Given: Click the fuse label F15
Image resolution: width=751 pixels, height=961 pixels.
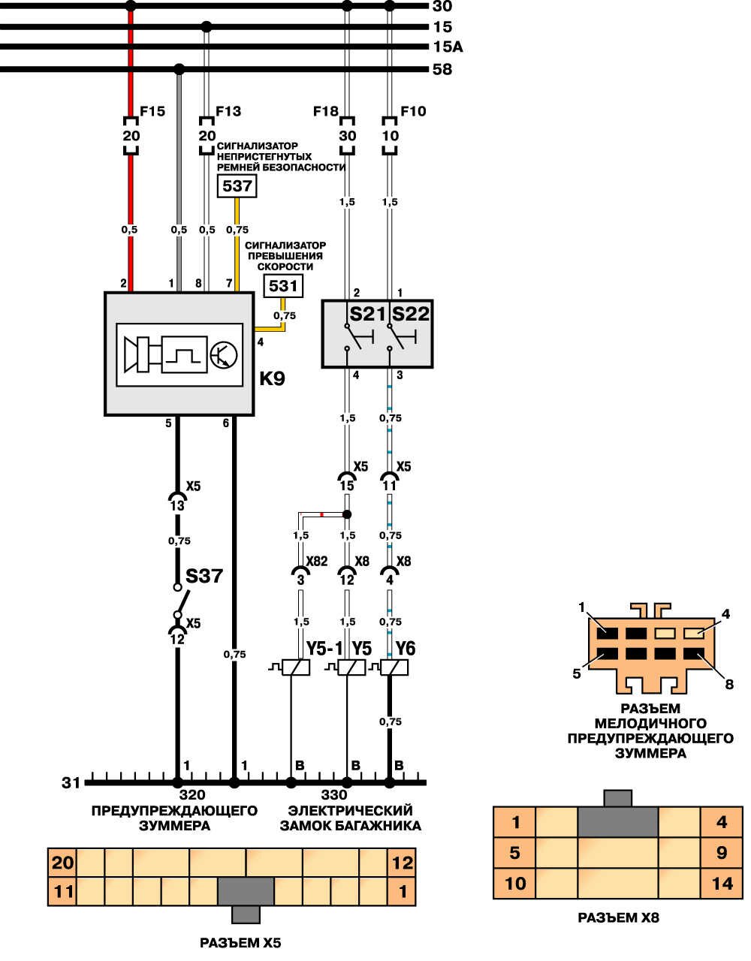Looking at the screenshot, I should [152, 111].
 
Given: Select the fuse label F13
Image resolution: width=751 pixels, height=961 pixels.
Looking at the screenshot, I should [228, 111].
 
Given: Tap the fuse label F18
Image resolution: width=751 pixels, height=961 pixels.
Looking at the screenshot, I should [326, 111].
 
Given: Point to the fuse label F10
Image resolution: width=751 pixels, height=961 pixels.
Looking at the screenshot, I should [413, 111].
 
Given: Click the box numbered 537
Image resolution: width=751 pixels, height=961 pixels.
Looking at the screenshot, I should [237, 185].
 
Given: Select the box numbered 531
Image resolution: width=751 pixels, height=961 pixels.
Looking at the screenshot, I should [283, 285].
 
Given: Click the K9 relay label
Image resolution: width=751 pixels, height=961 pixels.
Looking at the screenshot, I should [272, 378].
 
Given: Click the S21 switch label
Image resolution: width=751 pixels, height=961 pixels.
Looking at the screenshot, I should [367, 314].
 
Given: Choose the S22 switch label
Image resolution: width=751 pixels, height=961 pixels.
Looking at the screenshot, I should [411, 314].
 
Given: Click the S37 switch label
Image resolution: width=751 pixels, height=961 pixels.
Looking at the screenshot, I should [204, 577].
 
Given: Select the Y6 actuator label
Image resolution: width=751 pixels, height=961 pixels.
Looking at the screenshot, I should [406, 648].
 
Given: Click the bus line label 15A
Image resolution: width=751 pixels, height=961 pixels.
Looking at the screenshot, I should [448, 47].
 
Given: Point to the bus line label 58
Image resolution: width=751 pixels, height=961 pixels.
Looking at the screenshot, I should [442, 69].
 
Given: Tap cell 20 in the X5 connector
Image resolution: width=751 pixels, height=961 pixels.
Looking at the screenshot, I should [62, 863].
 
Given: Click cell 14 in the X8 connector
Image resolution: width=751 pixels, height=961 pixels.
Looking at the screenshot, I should [722, 883].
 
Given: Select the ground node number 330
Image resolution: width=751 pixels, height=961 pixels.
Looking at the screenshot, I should [334, 795].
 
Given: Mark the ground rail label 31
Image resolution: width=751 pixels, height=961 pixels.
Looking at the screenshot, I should [71, 783].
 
